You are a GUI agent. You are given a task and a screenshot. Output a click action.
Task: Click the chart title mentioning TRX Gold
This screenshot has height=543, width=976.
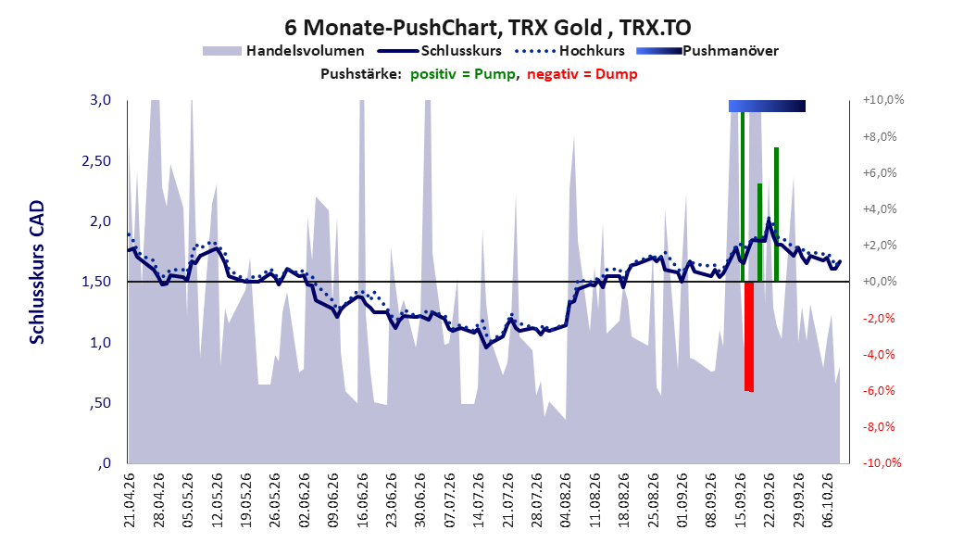(x=487, y=28)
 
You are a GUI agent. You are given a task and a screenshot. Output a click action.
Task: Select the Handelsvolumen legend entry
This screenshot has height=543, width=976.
(x=284, y=51)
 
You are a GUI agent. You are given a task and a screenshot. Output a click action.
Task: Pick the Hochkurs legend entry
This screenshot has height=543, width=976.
(x=569, y=51)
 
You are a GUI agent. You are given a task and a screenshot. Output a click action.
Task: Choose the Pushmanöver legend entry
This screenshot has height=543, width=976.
(x=707, y=51)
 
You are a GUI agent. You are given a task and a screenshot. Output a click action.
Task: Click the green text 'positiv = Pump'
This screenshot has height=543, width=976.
(x=463, y=74)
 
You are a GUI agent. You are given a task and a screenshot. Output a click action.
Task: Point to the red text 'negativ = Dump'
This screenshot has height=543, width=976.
(x=582, y=74)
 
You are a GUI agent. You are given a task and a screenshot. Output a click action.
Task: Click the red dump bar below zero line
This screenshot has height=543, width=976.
(x=749, y=336)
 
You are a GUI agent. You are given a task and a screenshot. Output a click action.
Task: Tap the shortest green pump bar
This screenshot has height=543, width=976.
(x=759, y=233)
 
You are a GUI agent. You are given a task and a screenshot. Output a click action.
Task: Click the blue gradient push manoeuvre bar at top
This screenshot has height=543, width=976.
(x=767, y=106)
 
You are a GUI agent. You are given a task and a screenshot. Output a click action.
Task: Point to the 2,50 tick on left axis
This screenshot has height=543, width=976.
(x=96, y=160)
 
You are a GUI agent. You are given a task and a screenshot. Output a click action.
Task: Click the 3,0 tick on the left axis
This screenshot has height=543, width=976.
(x=100, y=100)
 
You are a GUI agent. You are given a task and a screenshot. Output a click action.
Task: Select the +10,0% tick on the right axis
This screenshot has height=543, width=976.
(x=882, y=100)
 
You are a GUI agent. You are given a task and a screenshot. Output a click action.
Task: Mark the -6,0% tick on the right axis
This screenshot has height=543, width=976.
(x=879, y=390)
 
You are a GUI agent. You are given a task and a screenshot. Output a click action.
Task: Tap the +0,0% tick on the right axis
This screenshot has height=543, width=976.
(x=879, y=282)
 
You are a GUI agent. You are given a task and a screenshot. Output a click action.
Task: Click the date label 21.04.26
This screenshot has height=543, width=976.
(x=130, y=500)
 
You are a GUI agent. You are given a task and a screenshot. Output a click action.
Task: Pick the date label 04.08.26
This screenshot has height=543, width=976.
(x=565, y=500)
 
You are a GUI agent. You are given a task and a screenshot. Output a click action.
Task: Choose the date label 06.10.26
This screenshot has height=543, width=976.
(x=827, y=500)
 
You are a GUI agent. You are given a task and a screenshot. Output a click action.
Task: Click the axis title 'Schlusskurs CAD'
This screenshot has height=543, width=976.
(x=37, y=272)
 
